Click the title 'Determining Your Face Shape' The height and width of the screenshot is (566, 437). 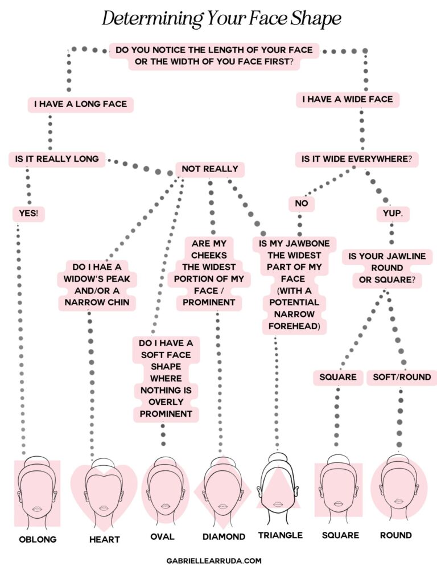tap(221, 19)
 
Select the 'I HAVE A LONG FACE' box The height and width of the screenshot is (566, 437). tap(80, 105)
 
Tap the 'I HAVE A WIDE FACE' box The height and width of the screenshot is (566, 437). tap(348, 100)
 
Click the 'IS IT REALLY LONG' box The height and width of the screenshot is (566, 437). tap(57, 159)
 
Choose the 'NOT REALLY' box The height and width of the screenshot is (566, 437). tap(210, 169)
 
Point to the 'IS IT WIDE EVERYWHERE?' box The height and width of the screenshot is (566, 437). tap(357, 159)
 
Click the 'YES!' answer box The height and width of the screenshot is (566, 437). tap(29, 214)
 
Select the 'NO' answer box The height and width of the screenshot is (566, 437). tap(301, 203)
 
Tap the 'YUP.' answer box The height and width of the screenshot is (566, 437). tap(390, 214)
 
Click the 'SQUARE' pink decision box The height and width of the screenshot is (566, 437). tap(338, 377)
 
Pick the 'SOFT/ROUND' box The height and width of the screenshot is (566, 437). tap(402, 377)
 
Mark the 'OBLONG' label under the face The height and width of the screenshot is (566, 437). tap(38, 539)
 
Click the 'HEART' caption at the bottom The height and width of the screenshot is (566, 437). tap(104, 539)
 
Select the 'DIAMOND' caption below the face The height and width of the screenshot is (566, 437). tap(224, 537)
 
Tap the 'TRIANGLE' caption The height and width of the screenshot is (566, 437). tap(280, 535)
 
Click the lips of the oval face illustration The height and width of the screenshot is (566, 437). tap(166, 505)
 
